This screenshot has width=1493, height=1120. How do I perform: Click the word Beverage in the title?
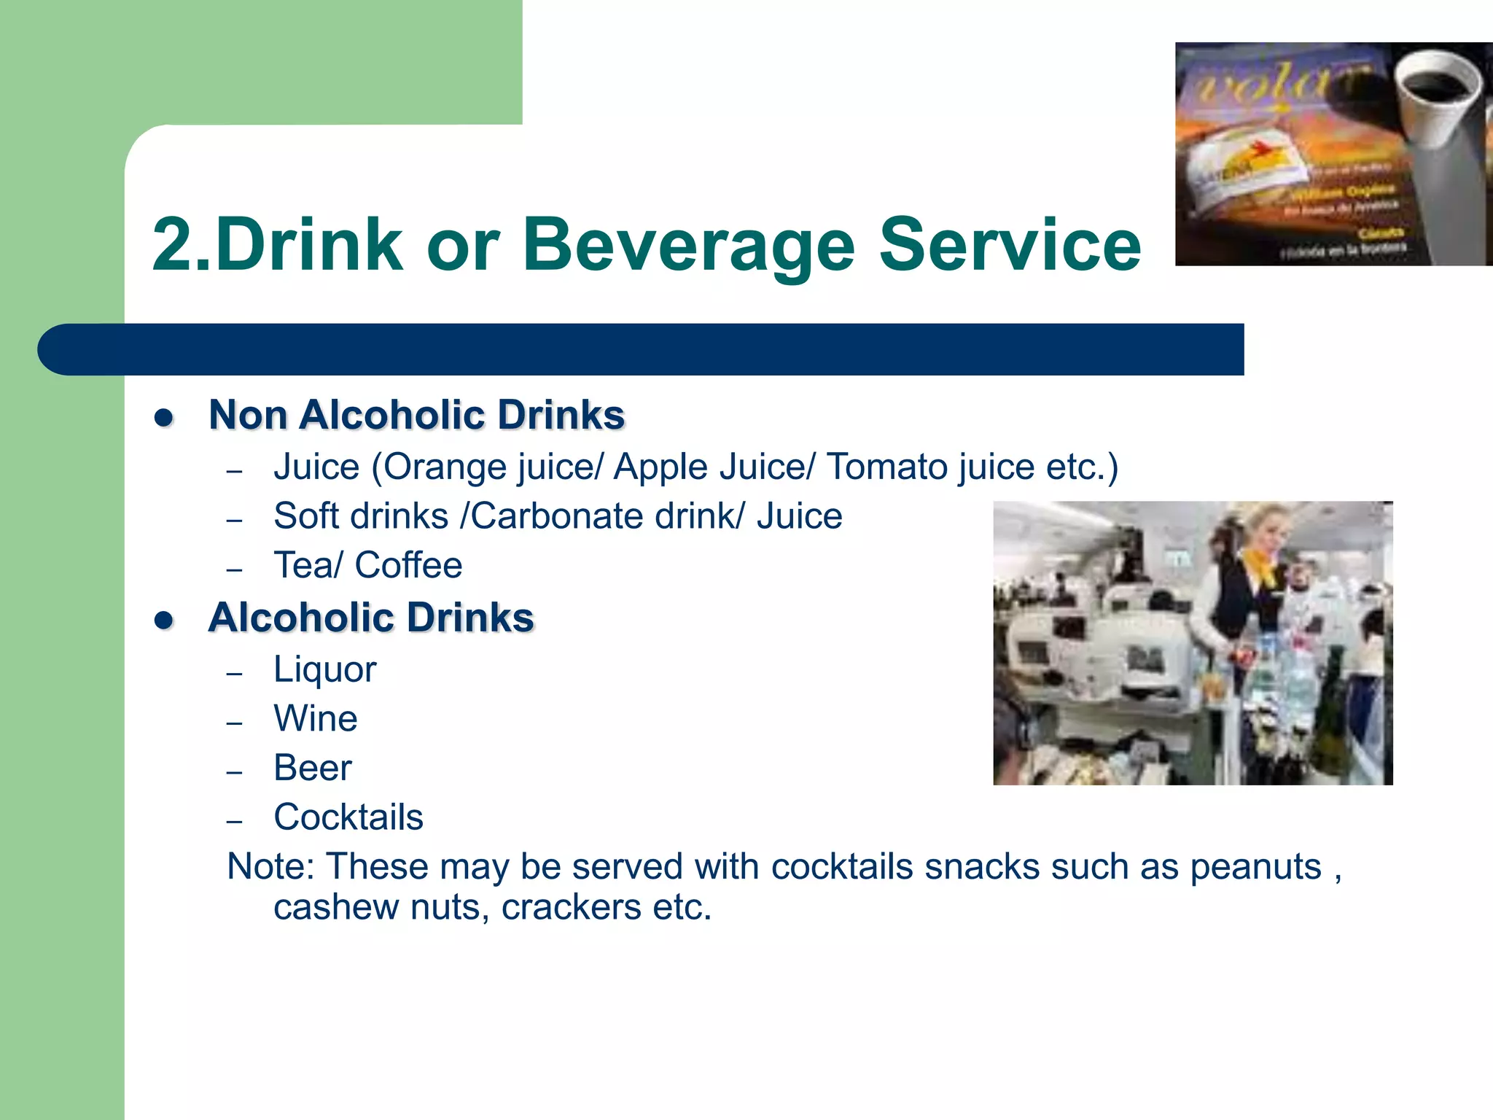tap(688, 245)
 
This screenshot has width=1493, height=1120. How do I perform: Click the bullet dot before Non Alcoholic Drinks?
tap(164, 418)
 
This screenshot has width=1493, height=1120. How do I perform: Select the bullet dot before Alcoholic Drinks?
tap(164, 621)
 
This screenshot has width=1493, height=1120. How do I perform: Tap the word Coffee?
tap(408, 565)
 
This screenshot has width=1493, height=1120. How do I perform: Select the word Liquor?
tap(324, 670)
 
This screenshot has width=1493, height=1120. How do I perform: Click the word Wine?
tap(315, 719)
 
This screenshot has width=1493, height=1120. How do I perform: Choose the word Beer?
tap(312, 768)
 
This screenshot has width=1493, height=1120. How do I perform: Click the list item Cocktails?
tap(348, 817)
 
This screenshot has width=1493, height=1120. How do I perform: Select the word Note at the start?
tap(270, 867)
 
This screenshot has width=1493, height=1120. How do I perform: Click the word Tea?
tap(302, 565)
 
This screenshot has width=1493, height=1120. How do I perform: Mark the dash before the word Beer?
tap(234, 771)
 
